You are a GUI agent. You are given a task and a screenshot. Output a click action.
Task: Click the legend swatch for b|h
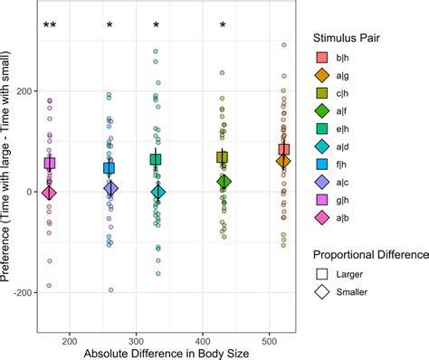(x=321, y=57)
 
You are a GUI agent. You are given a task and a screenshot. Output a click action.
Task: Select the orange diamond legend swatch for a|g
(x=321, y=75)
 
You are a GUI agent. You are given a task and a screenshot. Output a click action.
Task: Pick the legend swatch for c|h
(x=321, y=93)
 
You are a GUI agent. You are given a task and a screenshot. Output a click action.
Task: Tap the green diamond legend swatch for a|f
(x=321, y=111)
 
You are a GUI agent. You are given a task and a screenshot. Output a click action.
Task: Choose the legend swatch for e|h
(x=321, y=129)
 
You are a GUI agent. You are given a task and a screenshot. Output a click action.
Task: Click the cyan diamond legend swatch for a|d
(x=321, y=147)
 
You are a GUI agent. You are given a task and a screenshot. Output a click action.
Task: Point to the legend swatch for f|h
(x=321, y=165)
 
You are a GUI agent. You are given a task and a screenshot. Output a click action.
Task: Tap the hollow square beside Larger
(x=321, y=273)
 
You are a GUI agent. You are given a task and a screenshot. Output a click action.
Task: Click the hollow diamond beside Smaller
(x=321, y=291)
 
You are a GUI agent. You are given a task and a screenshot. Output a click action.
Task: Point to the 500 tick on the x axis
(x=270, y=341)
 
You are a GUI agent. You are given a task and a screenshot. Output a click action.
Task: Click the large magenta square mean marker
(x=50, y=164)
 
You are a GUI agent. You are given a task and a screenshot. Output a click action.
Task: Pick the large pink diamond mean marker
(x=50, y=193)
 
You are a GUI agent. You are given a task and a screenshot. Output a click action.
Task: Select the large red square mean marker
(x=284, y=149)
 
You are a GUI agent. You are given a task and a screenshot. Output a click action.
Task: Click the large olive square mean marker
(x=223, y=157)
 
